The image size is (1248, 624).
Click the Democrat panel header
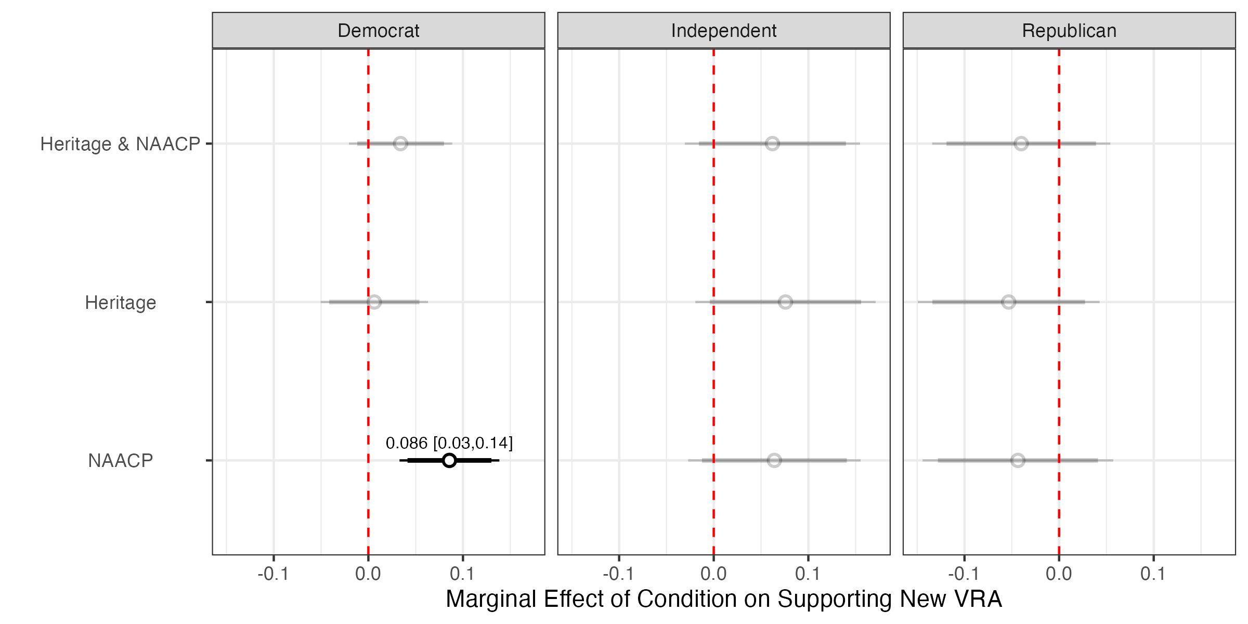[x=378, y=31]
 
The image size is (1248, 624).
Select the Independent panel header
[x=723, y=31]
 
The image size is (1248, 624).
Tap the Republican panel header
[x=1069, y=31]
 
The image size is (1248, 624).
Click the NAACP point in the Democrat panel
[x=449, y=460]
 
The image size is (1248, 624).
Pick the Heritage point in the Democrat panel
[x=374, y=302]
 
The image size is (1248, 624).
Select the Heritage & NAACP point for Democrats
[x=400, y=144]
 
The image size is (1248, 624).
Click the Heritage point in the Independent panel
[x=785, y=302]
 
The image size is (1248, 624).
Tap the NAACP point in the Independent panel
[x=774, y=460]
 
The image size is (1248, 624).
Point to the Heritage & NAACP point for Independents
[x=772, y=144]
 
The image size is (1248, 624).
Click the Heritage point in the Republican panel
[x=1009, y=302]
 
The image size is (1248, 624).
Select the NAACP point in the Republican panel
[x=1018, y=460]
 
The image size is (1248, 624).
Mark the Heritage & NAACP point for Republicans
[x=1021, y=144]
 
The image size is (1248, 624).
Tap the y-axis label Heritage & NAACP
[x=120, y=144]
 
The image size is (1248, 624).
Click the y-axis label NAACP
[x=120, y=461]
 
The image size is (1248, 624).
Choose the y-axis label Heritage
[x=120, y=303]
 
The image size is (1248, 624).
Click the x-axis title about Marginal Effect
[x=723, y=599]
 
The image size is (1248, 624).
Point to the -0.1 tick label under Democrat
[x=273, y=574]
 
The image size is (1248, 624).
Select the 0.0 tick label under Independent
[x=713, y=574]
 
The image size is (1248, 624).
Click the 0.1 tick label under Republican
[x=1153, y=574]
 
